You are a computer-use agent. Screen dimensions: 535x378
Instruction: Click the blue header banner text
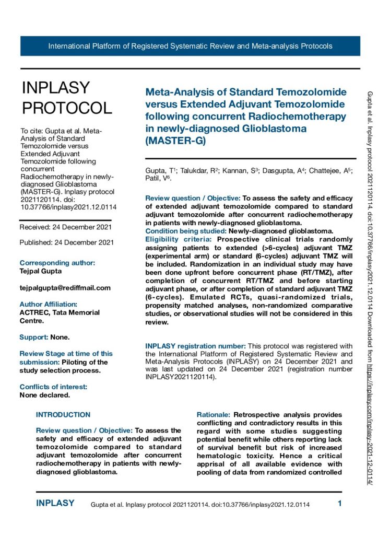pos(190,46)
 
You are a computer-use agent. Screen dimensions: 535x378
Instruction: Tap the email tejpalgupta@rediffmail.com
pos(65,287)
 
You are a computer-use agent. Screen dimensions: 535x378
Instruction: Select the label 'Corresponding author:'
pos(57,263)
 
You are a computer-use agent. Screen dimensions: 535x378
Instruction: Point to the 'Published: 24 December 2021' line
pos(67,242)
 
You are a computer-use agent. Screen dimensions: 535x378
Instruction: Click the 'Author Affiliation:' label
pos(48,304)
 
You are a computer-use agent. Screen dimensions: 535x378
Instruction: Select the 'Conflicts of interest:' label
pos(53,387)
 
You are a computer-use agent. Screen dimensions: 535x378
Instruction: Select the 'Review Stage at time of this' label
pos(66,354)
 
